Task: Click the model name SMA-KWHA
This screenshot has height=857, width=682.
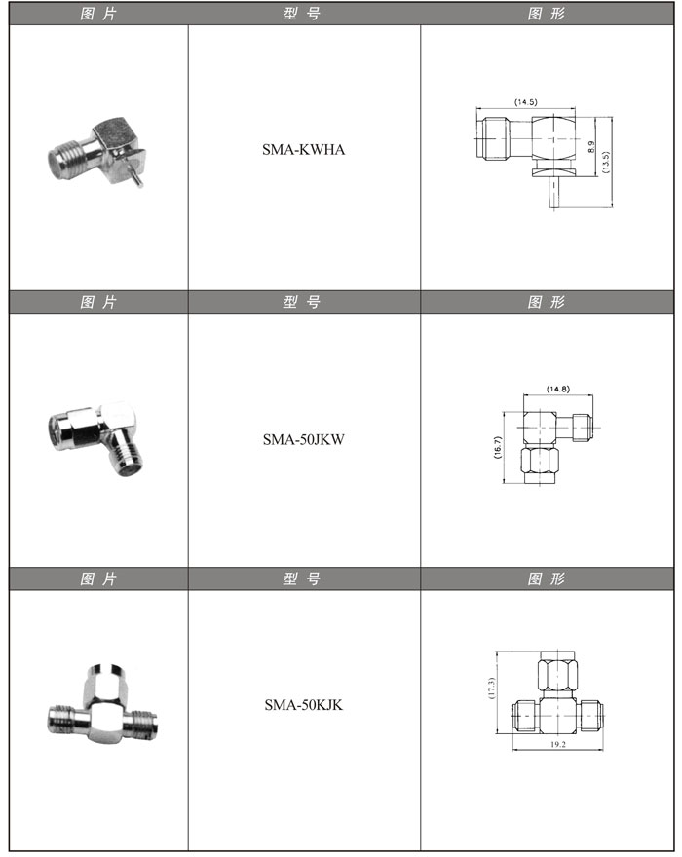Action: (304, 150)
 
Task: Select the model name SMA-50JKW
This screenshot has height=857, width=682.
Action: (304, 439)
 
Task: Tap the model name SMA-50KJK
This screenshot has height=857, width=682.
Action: (304, 705)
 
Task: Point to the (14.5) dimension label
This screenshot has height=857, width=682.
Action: (525, 102)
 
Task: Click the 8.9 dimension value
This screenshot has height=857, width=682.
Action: (591, 147)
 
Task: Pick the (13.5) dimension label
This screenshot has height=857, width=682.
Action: (605, 163)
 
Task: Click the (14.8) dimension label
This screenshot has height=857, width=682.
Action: (558, 390)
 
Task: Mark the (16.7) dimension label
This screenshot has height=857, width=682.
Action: (497, 448)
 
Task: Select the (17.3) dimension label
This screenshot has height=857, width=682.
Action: (491, 689)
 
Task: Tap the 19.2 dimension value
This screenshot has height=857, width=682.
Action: (558, 744)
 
